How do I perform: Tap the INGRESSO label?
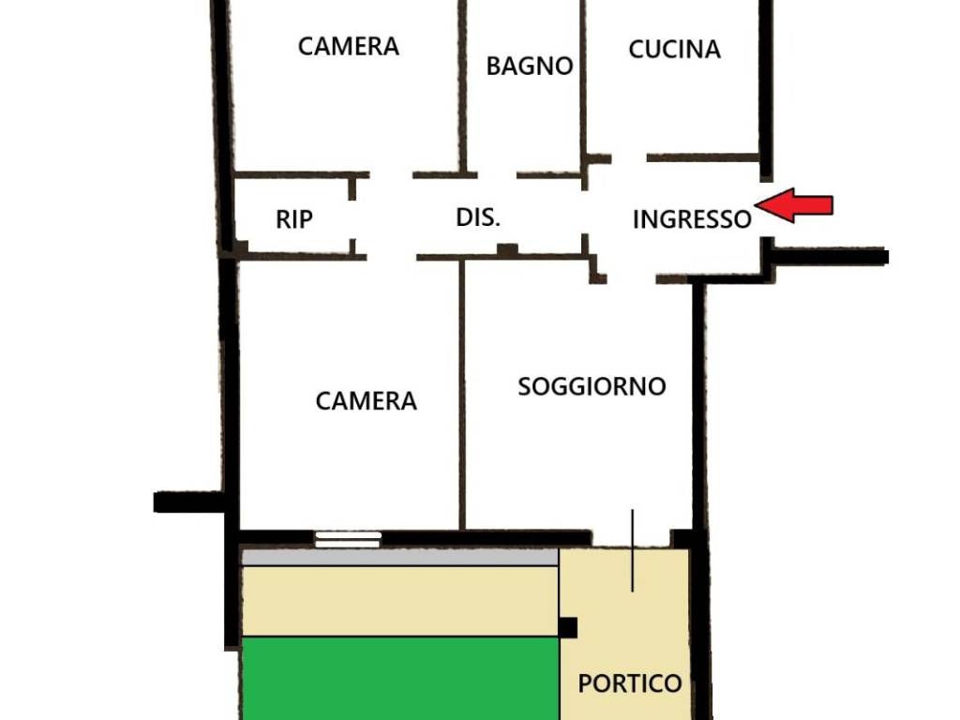[x=692, y=219]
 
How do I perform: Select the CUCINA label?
[x=674, y=50]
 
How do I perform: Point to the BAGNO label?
[x=530, y=67]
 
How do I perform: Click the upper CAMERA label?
[x=349, y=46]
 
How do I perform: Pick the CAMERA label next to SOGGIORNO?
[x=366, y=401]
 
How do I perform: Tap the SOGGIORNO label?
[x=592, y=386]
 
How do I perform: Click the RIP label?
[x=294, y=219]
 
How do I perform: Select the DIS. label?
[x=478, y=217]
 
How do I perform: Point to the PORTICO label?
[x=629, y=683]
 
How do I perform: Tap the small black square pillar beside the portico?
[x=567, y=627]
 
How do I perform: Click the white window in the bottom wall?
[x=348, y=539]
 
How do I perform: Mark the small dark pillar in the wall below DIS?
[x=507, y=250]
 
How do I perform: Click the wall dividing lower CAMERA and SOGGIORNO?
[x=462, y=394]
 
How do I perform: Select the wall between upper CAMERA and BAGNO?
[x=462, y=84]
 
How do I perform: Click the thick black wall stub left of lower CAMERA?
[x=187, y=502]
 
